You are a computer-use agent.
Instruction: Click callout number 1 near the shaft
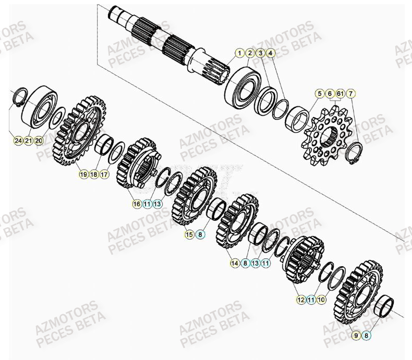click(x=239, y=53)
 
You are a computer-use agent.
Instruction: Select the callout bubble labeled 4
click(x=270, y=53)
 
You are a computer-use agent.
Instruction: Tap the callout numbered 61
click(x=340, y=94)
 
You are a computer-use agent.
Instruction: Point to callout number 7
click(x=351, y=94)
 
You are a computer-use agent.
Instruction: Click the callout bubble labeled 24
click(x=18, y=141)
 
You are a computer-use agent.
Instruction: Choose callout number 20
click(x=39, y=141)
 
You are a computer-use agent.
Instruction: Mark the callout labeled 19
click(x=83, y=174)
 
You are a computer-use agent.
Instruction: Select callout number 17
click(x=104, y=174)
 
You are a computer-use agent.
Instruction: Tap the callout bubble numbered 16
click(x=137, y=204)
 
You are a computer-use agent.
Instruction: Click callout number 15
click(x=189, y=234)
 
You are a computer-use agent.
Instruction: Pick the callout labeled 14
click(x=234, y=264)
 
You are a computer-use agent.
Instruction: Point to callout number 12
click(x=301, y=300)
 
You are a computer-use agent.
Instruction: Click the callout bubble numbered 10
click(x=322, y=300)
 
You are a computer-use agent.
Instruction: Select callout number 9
click(x=356, y=336)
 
